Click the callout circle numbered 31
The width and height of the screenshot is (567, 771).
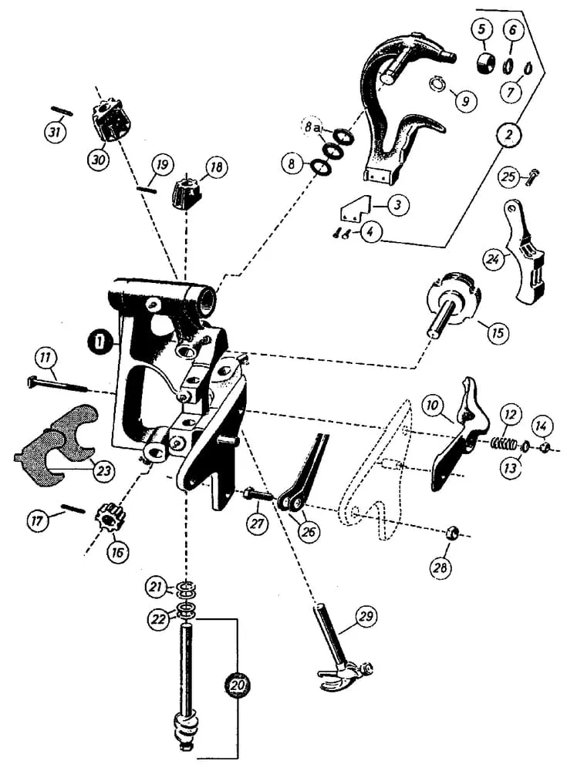[x=54, y=133]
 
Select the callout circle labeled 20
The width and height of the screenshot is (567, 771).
[x=238, y=684]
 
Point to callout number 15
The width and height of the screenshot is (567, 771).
[x=498, y=333]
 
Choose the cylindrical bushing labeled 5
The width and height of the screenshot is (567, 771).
[x=483, y=61]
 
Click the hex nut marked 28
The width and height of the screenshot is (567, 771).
[x=454, y=532]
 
